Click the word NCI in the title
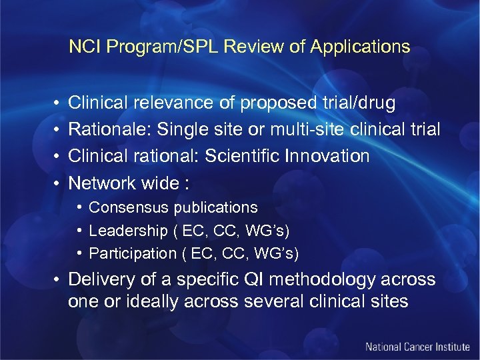(x=83, y=47)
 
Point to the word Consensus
(x=129, y=207)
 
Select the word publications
(x=215, y=207)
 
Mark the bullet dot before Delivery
(x=59, y=279)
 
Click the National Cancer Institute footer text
(x=417, y=347)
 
